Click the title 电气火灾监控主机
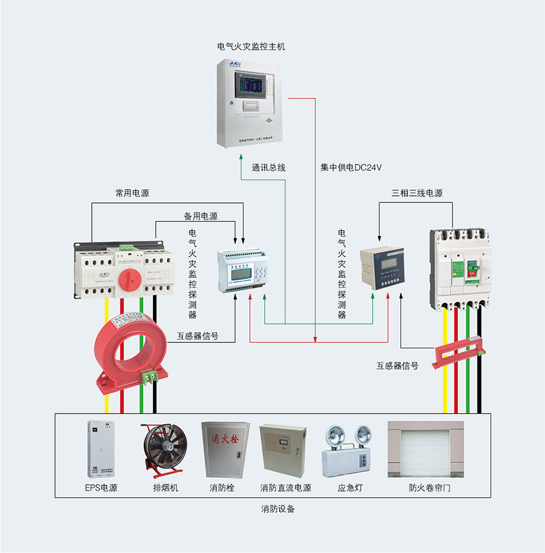[251, 46]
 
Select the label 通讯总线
[268, 168]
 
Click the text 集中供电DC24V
[351, 168]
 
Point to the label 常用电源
[132, 193]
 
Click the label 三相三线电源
[417, 193]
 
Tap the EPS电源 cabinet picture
[100, 449]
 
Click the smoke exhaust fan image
[162, 449]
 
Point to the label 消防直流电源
[286, 488]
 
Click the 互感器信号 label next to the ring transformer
[198, 336]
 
